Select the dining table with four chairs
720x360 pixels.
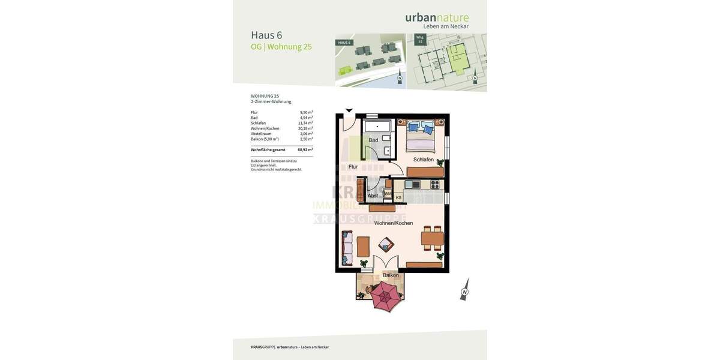coord(432,239)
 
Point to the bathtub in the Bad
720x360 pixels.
coord(377,126)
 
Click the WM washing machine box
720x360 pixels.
coord(388,194)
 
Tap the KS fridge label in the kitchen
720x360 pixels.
coord(398,197)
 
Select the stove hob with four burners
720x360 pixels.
coord(434,184)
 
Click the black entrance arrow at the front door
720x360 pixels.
coord(349,110)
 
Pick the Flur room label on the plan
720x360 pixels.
coord(353,167)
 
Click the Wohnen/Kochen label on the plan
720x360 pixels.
coord(394,223)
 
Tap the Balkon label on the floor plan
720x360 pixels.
coord(391,275)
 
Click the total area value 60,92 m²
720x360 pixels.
coord(305,150)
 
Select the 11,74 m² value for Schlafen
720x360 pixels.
coord(305,123)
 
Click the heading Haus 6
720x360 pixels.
coord(266,35)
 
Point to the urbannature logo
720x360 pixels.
coord(437,18)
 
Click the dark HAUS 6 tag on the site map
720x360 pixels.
coord(344,43)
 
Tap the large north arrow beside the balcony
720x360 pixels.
coord(464,289)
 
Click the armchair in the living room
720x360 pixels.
coord(386,244)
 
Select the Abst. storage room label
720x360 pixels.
coord(373,196)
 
